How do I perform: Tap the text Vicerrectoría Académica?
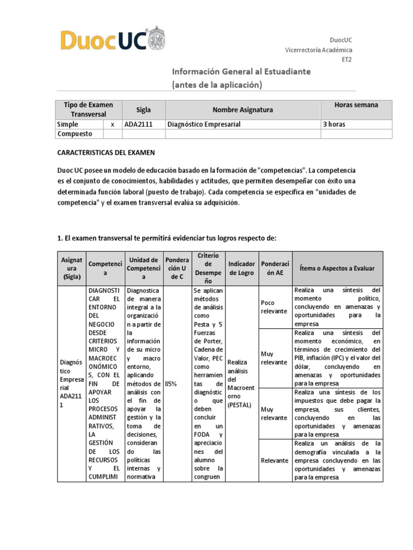pos(318,50)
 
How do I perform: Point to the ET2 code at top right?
pos(347,60)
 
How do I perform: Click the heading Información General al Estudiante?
pos(240,71)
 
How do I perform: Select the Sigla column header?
pos(144,110)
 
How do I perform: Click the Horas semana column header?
pos(356,105)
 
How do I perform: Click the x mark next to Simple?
pos(112,124)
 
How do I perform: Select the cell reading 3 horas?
pos(333,124)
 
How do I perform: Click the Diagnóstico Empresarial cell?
pos(204,124)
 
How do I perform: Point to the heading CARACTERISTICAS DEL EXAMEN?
pos(106,153)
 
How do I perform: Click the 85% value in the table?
pos(171,384)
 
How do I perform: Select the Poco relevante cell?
pos(274,307)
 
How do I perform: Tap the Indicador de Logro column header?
pos(242,268)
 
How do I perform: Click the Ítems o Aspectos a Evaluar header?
pos(338,268)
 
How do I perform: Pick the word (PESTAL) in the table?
pos(240,405)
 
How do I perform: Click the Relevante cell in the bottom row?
pos(274,460)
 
